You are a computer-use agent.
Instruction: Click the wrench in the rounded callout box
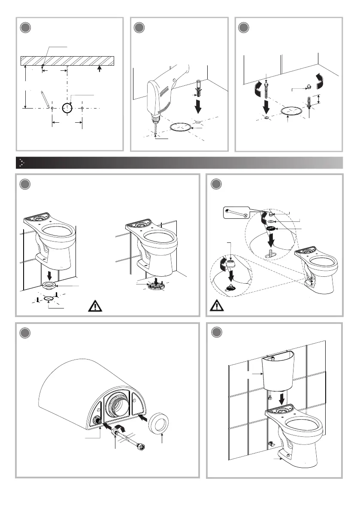pyautogui.click(x=236, y=211)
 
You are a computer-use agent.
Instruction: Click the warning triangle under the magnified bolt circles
pyautogui.click(x=214, y=307)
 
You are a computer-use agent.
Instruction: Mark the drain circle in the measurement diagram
pyautogui.click(x=67, y=108)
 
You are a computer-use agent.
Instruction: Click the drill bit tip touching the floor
pyautogui.click(x=155, y=133)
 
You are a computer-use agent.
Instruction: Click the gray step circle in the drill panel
pyautogui.click(x=139, y=28)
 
